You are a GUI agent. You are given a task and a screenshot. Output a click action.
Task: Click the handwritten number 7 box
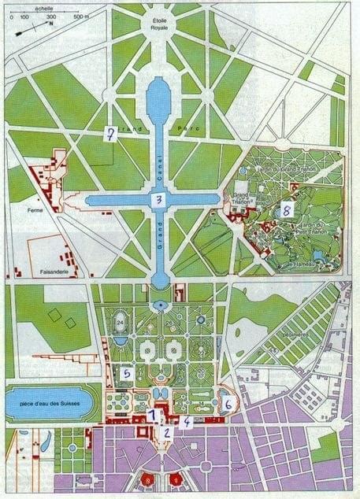[x=113, y=134]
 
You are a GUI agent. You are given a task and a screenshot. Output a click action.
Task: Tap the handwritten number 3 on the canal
[x=159, y=200]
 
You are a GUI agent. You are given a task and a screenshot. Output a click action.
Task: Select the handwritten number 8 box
[x=286, y=211]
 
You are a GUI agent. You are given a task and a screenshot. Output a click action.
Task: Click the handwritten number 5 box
[x=126, y=374]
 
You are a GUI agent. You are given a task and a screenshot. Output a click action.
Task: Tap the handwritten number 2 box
[x=166, y=431]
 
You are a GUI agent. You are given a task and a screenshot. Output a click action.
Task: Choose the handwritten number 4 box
[x=185, y=422]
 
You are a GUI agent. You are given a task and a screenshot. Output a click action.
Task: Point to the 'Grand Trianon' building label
[x=241, y=197]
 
